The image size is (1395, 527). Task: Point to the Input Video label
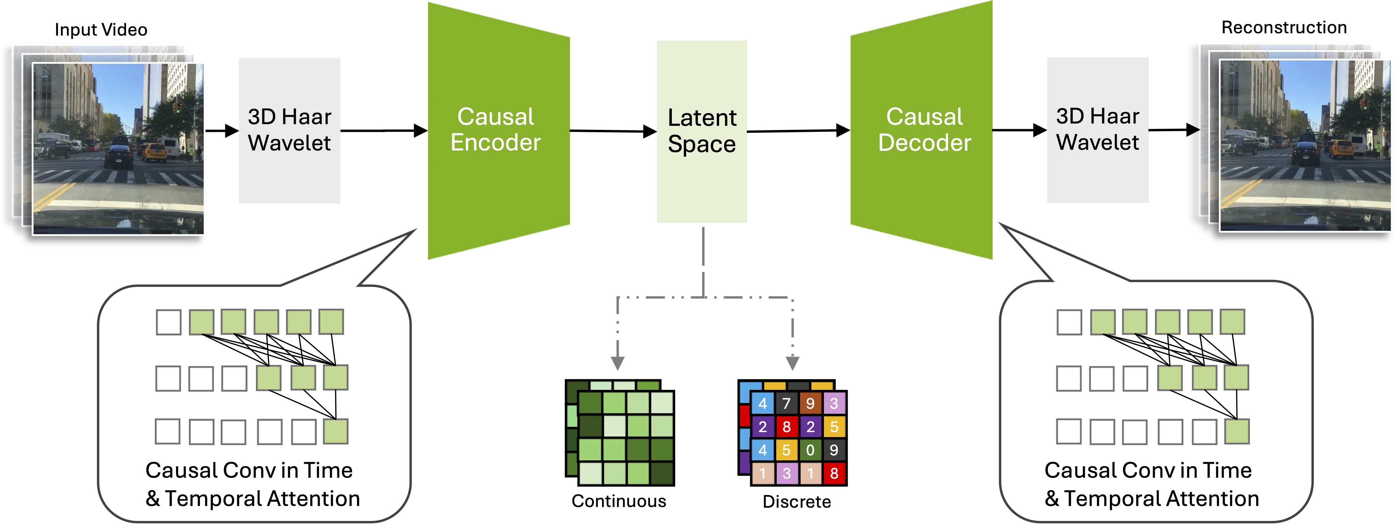[101, 30]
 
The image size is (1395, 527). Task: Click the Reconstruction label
[1284, 27]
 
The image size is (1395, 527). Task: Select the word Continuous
[618, 501]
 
